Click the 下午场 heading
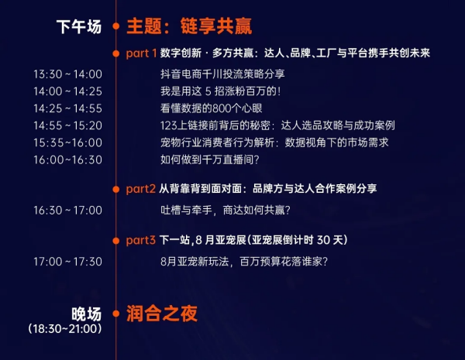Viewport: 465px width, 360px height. coord(79,26)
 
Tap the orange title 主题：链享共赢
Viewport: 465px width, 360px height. coord(189,26)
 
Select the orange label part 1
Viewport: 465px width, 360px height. coord(141,53)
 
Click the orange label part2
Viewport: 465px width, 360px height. coord(140,189)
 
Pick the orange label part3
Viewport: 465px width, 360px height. coord(140,240)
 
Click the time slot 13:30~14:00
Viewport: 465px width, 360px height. coord(67,74)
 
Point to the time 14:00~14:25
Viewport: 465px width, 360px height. coord(67,91)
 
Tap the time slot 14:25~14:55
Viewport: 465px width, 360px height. coord(67,108)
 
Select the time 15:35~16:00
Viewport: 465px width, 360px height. coord(67,142)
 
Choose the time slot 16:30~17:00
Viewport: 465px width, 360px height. coord(67,211)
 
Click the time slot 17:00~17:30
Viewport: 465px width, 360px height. coord(67,262)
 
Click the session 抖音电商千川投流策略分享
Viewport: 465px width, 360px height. coord(222,74)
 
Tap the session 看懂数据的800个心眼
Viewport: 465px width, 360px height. coord(211,108)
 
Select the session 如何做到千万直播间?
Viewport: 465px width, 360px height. coord(210,160)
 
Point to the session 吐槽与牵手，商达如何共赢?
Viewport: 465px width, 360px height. coord(226,211)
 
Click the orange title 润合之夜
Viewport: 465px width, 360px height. coord(162,314)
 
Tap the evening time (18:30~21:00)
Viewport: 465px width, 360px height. coord(65,328)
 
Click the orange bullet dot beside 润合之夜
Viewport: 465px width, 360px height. coord(116,314)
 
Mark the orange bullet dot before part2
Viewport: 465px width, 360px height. coord(116,189)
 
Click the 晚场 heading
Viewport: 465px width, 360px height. coord(86,314)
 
